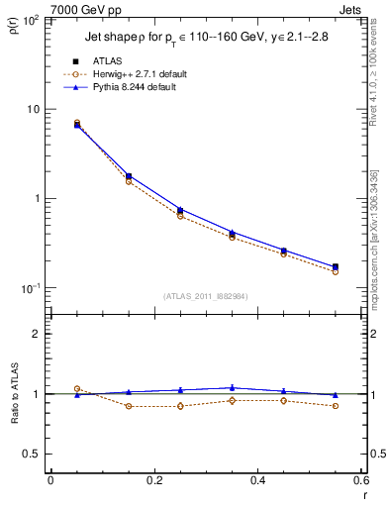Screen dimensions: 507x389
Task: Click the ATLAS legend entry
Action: click(107, 61)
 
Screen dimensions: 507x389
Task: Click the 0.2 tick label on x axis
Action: click(153, 481)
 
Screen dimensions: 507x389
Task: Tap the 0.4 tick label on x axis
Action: click(257, 481)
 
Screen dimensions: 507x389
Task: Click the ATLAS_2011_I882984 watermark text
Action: click(205, 296)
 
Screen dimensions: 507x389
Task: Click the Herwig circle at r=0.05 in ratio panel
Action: click(77, 388)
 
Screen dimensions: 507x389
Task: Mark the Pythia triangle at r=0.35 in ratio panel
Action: click(232, 387)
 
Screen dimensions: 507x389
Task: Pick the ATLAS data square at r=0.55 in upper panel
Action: click(335, 267)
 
